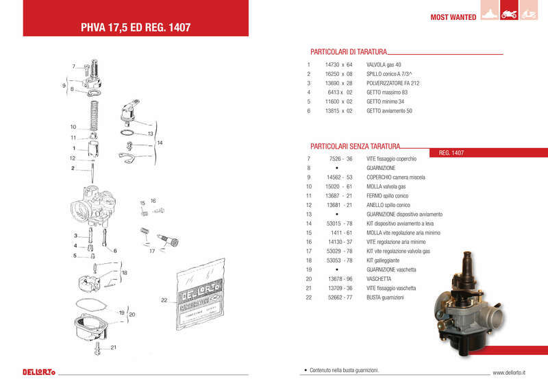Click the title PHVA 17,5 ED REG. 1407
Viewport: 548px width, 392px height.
click(x=136, y=28)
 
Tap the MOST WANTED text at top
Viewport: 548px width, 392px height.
click(x=453, y=17)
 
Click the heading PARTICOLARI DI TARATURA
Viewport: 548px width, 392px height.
click(x=349, y=51)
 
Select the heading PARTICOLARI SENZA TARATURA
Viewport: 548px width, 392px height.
click(x=355, y=146)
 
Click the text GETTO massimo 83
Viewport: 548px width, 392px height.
click(x=387, y=92)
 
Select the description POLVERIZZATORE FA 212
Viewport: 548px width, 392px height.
click(x=393, y=83)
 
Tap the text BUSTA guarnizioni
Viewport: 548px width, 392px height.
click(x=385, y=298)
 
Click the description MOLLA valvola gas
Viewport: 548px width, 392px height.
click(x=386, y=186)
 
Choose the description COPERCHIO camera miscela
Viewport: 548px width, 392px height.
click(x=396, y=177)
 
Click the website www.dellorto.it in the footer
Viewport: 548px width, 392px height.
click(x=509, y=373)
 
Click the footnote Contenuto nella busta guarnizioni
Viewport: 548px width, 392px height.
click(x=343, y=370)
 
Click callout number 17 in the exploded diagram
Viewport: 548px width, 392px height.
click(x=151, y=251)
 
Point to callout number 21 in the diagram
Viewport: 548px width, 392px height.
click(x=114, y=348)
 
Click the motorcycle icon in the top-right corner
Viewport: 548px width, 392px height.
click(x=510, y=14)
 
